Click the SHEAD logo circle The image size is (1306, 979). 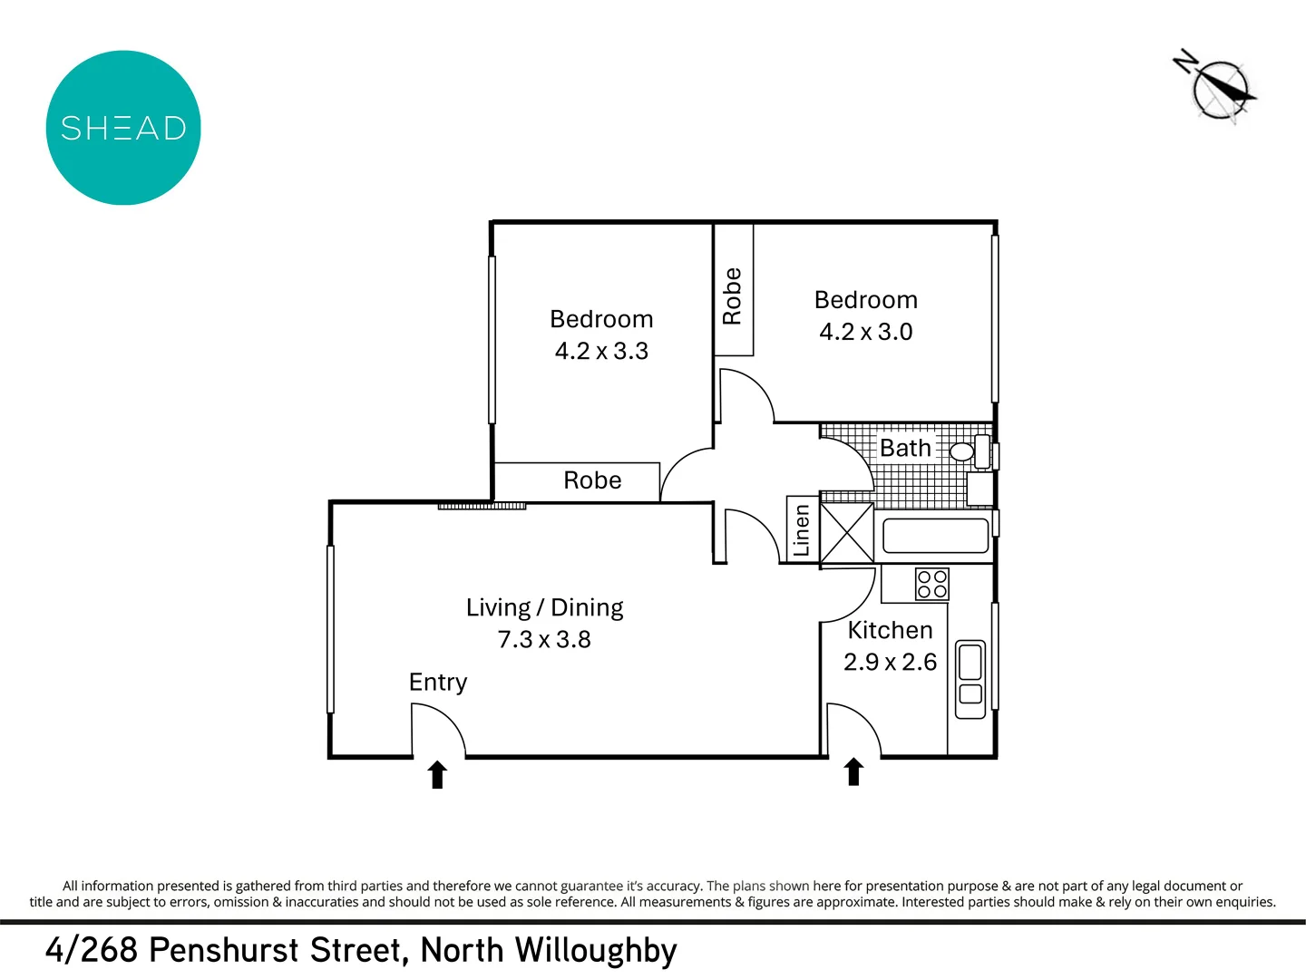123,128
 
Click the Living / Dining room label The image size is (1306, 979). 544,607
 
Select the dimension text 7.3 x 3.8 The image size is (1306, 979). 544,640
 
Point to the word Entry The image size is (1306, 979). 438,683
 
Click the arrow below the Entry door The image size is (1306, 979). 437,775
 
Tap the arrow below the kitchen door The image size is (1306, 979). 853,772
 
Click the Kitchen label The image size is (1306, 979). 890,631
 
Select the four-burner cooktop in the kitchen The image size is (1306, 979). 931,585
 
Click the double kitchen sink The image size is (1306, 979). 970,679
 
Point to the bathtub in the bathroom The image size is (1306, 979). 935,536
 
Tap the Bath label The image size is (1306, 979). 905,449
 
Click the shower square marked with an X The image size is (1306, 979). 847,533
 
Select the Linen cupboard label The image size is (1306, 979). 801,530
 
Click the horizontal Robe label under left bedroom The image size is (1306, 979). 592,480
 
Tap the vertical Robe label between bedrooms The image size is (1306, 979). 732,296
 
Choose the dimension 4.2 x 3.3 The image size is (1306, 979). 601,352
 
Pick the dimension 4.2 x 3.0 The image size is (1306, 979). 865,333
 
